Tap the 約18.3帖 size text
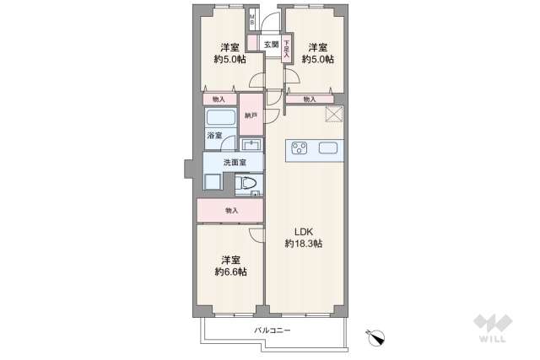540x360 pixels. click(303, 244)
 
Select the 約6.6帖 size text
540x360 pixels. click(229, 272)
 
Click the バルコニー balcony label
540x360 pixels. click(272, 330)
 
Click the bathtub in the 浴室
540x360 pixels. click(220, 118)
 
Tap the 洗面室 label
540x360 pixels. click(235, 162)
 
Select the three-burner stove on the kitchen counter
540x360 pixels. click(300, 150)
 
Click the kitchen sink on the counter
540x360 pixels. click(329, 150)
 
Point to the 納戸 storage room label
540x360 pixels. click(251, 116)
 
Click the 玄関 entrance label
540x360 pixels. click(270, 45)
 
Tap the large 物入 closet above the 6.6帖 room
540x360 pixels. click(229, 210)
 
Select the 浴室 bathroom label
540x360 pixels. click(214, 136)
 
